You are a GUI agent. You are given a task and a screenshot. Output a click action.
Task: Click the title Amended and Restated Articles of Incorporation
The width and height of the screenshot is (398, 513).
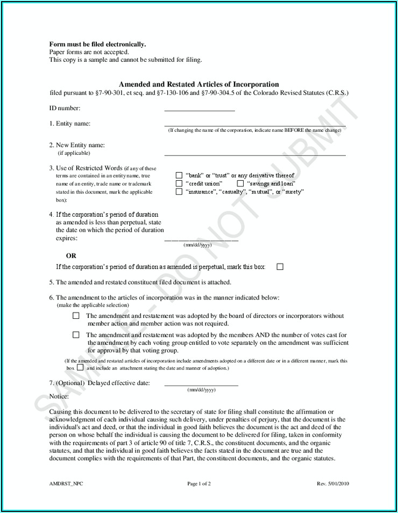click(x=198, y=84)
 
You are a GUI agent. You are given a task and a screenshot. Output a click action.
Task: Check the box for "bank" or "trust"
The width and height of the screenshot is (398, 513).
click(x=179, y=175)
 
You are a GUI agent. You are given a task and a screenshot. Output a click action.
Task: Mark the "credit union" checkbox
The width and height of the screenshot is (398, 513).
click(x=179, y=183)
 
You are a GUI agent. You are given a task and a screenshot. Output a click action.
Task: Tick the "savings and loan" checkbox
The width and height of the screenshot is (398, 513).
click(x=240, y=183)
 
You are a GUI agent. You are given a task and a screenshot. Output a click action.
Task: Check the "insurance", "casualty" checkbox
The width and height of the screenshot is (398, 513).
click(x=179, y=191)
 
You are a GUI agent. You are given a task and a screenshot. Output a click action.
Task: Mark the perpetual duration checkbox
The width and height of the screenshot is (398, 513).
click(x=280, y=267)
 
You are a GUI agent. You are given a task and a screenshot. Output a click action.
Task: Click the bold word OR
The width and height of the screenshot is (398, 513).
click(x=71, y=256)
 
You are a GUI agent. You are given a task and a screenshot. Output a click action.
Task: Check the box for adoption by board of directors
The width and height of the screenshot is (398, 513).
click(x=76, y=316)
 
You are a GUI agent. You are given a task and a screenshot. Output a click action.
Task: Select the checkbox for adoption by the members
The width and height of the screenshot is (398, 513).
click(x=76, y=335)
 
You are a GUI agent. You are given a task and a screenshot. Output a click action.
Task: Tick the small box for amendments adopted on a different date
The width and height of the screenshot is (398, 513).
click(x=80, y=368)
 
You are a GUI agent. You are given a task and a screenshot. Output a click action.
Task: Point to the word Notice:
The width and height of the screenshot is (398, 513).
click(x=59, y=396)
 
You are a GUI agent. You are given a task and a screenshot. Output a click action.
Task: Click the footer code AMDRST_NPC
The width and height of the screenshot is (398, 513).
click(x=66, y=483)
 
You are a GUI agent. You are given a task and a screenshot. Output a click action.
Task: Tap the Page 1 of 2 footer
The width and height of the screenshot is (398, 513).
click(x=199, y=483)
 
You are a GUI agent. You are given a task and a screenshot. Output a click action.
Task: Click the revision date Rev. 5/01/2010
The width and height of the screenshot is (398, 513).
click(x=333, y=483)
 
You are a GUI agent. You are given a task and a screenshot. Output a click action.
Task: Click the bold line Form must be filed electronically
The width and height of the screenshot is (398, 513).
click(x=97, y=44)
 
